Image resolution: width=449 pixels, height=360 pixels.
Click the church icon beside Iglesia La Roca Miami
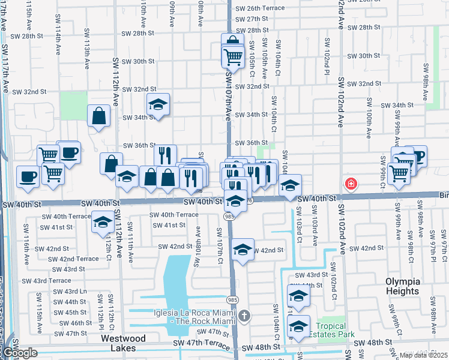click(x=244, y=315)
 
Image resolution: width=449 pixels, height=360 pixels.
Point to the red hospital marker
click(x=348, y=183)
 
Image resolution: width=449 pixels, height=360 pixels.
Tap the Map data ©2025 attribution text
click(x=423, y=355)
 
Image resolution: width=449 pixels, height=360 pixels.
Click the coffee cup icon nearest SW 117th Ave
click(x=28, y=176)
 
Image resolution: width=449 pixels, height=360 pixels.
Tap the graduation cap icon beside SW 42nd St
click(x=242, y=250)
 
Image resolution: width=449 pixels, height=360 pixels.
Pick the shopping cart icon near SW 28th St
click(x=232, y=56)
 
